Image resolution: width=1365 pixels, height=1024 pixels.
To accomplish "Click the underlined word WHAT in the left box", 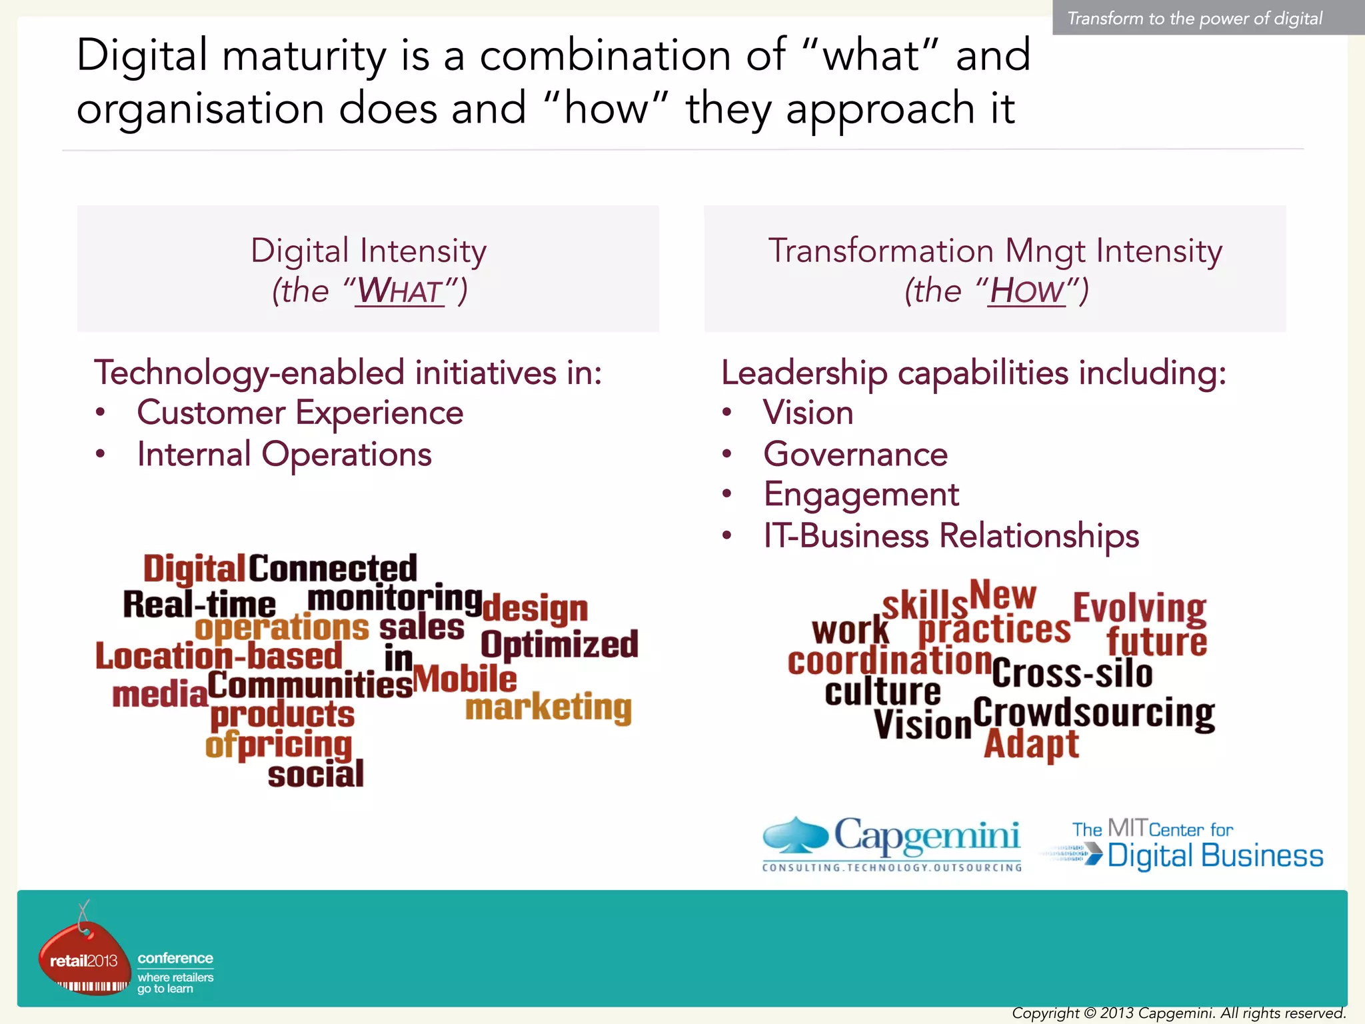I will pyautogui.click(x=399, y=291).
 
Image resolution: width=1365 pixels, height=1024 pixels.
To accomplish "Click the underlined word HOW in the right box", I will pyautogui.click(x=1026, y=291).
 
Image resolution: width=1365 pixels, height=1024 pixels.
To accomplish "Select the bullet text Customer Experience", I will pyautogui.click(x=300, y=413).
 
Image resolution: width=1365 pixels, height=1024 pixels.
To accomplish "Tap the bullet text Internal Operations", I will pyautogui.click(x=284, y=455).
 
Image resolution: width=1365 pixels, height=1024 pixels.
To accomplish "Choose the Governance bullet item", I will pyautogui.click(x=855, y=455).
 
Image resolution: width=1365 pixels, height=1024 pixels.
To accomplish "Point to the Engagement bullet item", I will pyautogui.click(x=860, y=495).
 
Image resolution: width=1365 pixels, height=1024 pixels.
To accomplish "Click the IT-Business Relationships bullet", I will pyautogui.click(x=951, y=536).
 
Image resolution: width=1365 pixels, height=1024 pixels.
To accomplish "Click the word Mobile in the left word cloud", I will pyautogui.click(x=465, y=679).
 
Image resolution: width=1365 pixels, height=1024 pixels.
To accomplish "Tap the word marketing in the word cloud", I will pyautogui.click(x=548, y=707).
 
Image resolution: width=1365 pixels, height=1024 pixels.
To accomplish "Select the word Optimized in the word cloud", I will pyautogui.click(x=559, y=645).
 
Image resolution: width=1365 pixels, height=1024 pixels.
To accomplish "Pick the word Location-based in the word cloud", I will pyautogui.click(x=219, y=656).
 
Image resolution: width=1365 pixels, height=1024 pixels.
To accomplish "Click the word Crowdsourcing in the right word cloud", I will pyautogui.click(x=1094, y=713).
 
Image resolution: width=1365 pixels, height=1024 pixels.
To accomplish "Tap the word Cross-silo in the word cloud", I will pyautogui.click(x=1072, y=673).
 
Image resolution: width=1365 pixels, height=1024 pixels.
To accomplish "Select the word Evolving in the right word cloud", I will pyautogui.click(x=1139, y=608).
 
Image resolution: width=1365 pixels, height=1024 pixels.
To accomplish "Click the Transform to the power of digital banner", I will pyautogui.click(x=1194, y=18).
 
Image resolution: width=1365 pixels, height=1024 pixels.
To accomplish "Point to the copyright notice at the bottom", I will pyautogui.click(x=1178, y=1013).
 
